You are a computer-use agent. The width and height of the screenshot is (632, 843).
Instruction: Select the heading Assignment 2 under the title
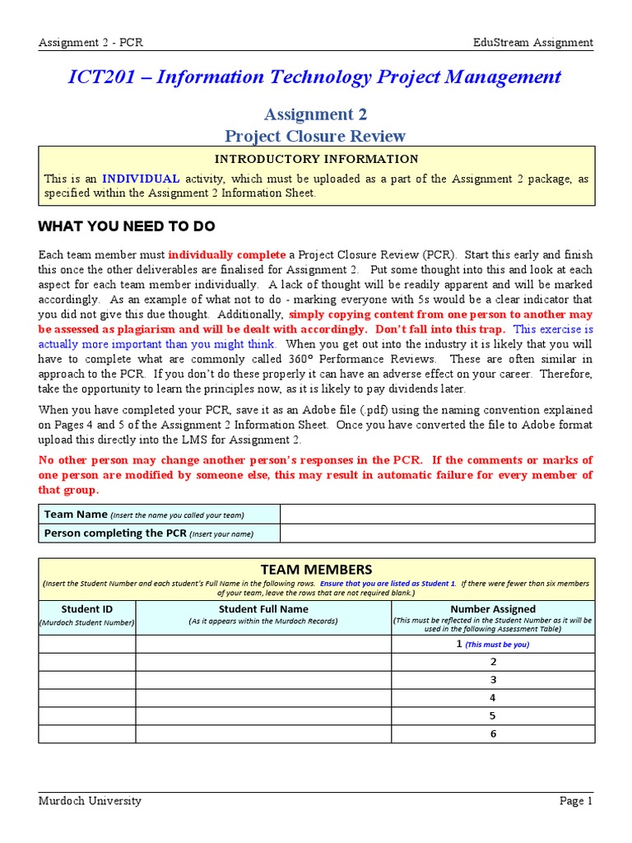point(316,114)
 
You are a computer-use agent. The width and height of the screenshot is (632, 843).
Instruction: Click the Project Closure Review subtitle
point(316,136)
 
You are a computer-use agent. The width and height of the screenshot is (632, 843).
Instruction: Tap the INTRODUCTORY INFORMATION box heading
point(316,159)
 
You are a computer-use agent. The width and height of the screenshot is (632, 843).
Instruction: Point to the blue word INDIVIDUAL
point(141,178)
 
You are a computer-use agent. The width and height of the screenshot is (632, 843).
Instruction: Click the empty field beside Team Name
point(437,515)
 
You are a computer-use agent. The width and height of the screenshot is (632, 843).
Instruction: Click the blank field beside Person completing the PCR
point(437,533)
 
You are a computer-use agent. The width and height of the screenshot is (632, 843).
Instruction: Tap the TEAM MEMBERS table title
point(316,570)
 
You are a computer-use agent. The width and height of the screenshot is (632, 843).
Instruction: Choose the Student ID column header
point(86,609)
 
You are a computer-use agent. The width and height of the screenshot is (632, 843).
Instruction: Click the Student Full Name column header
point(263,609)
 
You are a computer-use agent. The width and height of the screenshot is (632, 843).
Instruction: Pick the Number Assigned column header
point(493,609)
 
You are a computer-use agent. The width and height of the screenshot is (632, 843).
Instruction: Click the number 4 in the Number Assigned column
point(493,698)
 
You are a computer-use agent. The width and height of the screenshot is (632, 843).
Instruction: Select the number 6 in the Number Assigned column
point(493,734)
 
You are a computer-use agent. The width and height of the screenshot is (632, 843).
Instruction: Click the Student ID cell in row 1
point(86,644)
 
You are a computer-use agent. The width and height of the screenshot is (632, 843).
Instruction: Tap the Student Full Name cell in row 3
point(263,680)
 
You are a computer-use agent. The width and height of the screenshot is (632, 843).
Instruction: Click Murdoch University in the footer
point(90,801)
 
